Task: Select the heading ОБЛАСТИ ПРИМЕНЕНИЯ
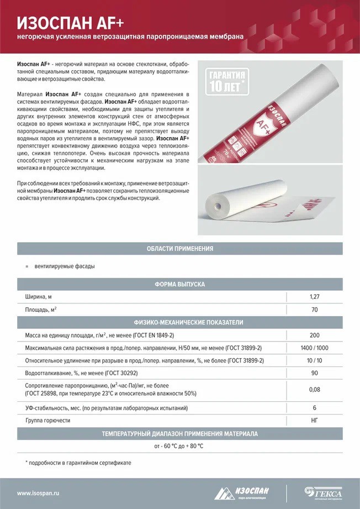click(x=179, y=249)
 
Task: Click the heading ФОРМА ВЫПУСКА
click(x=179, y=284)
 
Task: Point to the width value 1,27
click(x=315, y=297)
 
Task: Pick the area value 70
click(x=315, y=309)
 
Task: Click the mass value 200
click(x=315, y=335)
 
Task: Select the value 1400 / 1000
click(x=315, y=348)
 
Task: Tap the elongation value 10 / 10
click(x=315, y=361)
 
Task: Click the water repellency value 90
click(x=315, y=374)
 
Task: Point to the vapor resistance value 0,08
click(x=315, y=390)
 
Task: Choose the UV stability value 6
click(x=315, y=408)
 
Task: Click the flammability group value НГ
click(x=315, y=421)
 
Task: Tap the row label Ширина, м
click(x=41, y=297)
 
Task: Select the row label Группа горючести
click(x=48, y=421)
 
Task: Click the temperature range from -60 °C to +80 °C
click(x=179, y=445)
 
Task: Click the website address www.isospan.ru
click(x=38, y=493)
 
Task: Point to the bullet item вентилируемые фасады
click(x=64, y=266)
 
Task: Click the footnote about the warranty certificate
click(x=78, y=462)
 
